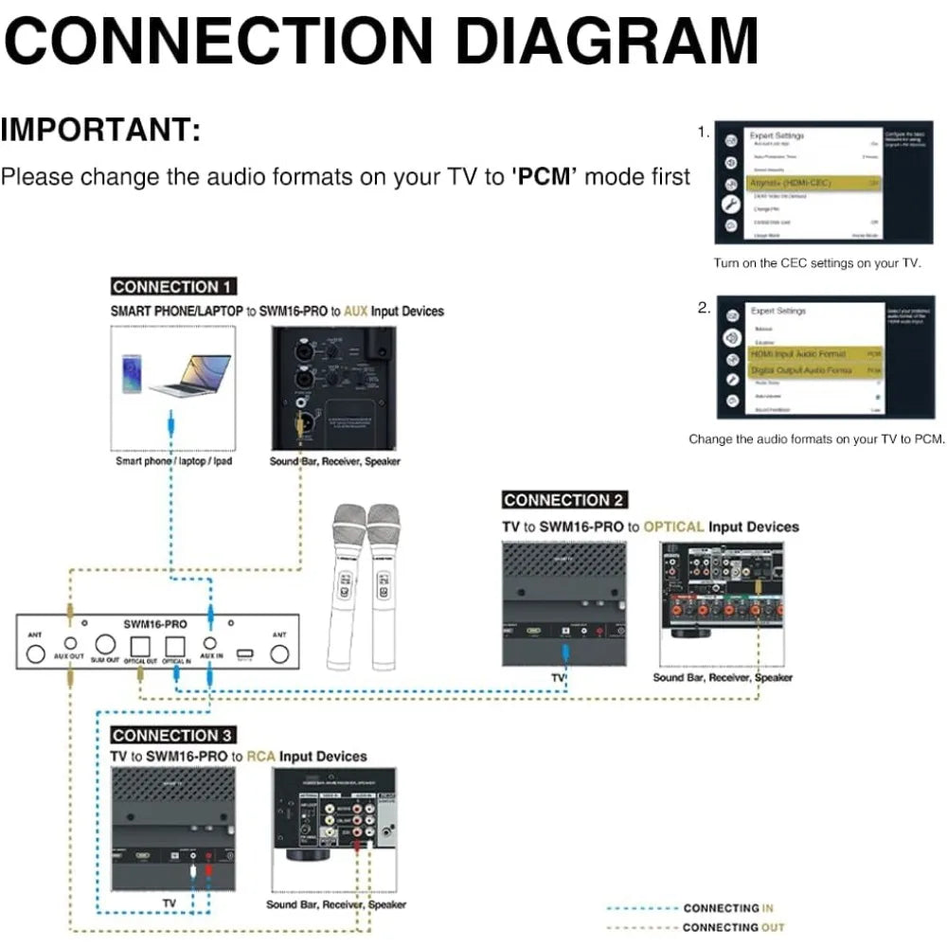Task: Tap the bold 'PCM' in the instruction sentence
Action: click(545, 177)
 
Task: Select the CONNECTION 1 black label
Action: click(172, 287)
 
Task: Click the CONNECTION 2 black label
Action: click(563, 500)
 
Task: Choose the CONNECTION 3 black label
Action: click(173, 735)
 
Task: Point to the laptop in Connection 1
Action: click(190, 375)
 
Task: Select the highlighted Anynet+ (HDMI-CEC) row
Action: click(815, 182)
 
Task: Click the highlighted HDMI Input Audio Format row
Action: click(815, 353)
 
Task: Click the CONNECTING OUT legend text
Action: click(733, 927)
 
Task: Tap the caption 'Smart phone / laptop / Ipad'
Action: click(173, 461)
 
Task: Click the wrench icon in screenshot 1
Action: click(730, 204)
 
